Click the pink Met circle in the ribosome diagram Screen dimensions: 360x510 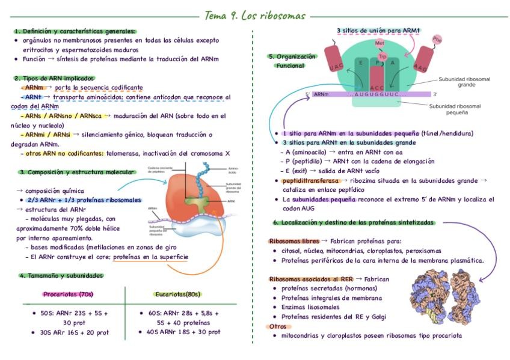click(379, 43)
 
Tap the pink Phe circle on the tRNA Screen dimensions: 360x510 click(437, 39)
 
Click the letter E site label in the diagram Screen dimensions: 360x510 click(361, 63)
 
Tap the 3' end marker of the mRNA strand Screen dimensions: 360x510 click(435, 94)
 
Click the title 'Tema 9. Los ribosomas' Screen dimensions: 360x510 click(254, 15)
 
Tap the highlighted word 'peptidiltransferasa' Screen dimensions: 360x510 click(306, 180)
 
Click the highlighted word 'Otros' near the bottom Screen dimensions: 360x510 click(278, 326)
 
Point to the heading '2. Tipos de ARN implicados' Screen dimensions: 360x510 click(54, 78)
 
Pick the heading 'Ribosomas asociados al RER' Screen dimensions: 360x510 click(310, 279)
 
